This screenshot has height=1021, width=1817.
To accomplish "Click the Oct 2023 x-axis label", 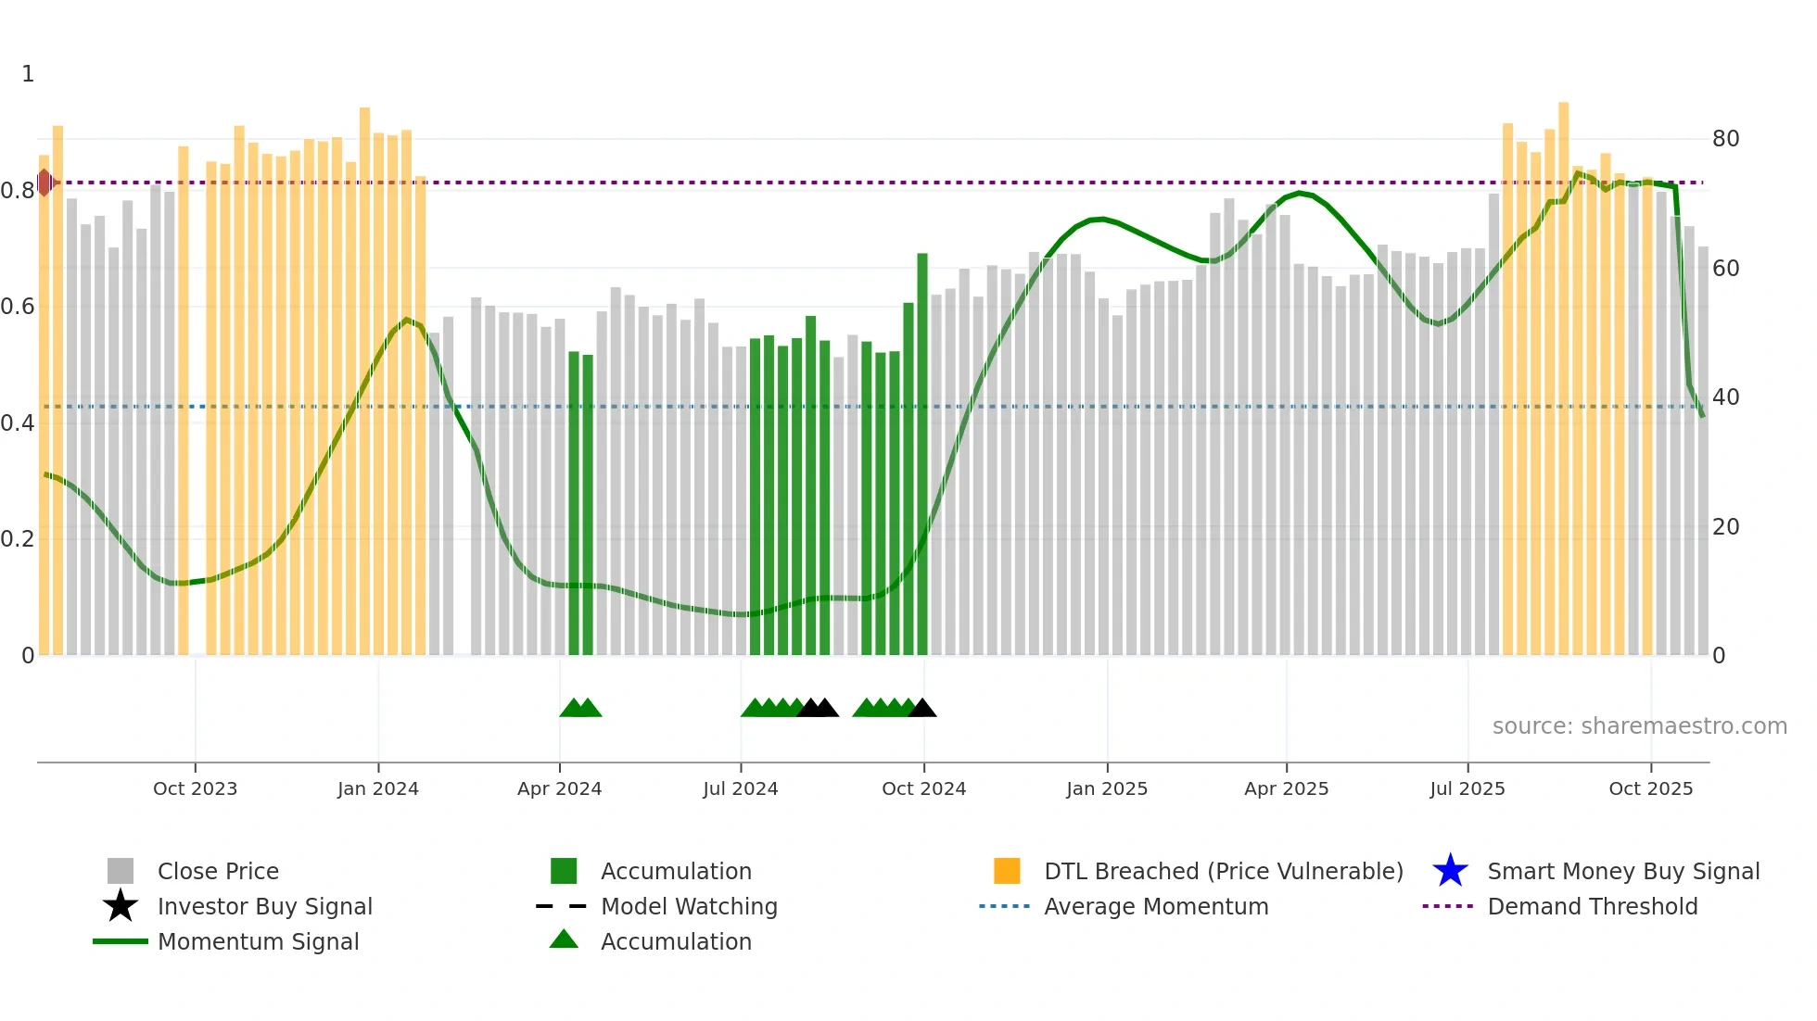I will tap(195, 788).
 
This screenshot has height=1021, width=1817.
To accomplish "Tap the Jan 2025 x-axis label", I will tap(1106, 788).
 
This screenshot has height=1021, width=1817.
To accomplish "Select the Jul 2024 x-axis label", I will tap(740, 788).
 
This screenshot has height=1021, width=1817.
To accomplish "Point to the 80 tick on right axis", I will tap(1725, 139).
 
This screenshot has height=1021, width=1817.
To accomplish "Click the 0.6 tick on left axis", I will tap(18, 307).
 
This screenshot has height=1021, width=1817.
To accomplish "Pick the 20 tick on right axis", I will tap(1725, 527).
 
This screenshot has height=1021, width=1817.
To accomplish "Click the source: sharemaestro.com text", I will tap(1639, 726).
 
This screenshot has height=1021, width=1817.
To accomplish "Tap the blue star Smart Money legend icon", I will tap(1450, 871).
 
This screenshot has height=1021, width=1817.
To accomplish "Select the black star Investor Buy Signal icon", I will tap(121, 906).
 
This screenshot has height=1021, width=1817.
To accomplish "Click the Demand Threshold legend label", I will tap(1592, 906).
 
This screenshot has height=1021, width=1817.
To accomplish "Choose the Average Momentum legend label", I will tap(1156, 906).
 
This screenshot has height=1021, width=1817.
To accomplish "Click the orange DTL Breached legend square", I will tap(1007, 871).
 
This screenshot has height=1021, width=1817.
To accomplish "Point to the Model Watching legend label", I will tap(689, 906).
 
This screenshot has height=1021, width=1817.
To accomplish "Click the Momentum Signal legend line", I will tap(121, 941).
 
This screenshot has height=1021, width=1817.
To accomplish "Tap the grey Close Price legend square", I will tap(121, 871).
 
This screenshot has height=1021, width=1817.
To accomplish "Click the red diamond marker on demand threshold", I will tap(44, 183).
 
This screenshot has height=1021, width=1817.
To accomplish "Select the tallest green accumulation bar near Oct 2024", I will tap(922, 454).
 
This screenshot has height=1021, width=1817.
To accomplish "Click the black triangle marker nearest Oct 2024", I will tap(922, 709).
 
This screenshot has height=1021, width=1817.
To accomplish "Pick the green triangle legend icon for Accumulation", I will tap(564, 939).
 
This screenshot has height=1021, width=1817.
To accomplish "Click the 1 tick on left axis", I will tap(28, 74).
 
